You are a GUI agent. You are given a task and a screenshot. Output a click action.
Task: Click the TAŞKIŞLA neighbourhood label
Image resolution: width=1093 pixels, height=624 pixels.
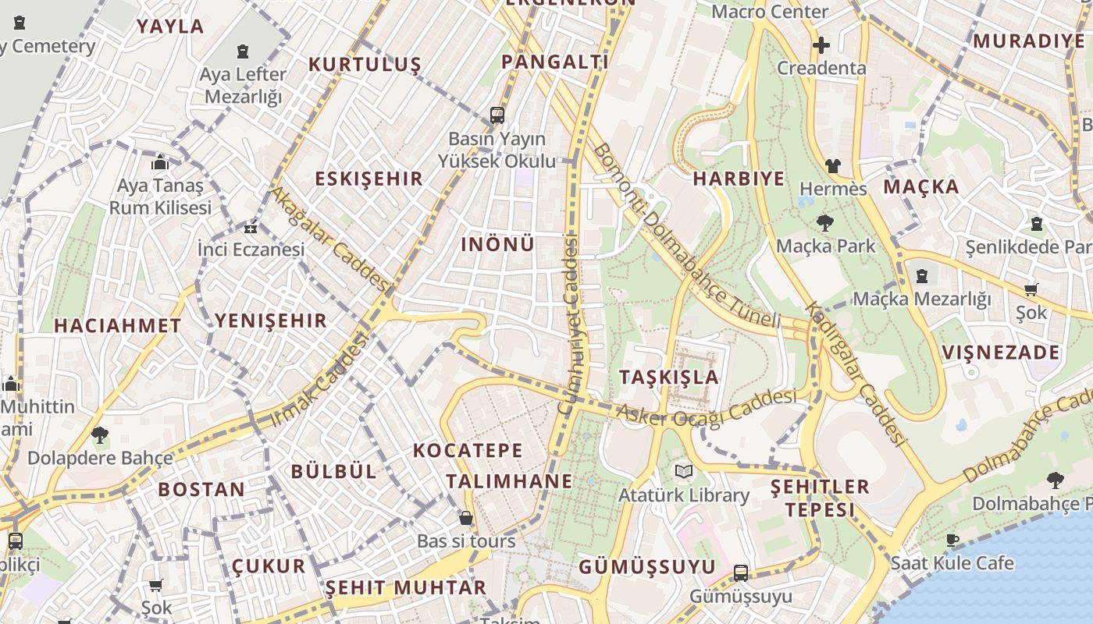point(669,377)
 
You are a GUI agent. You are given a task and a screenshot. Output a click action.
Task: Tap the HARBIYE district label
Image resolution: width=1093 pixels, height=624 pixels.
point(739,179)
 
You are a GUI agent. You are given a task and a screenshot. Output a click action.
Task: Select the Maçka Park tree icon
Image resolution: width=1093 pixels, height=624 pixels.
point(824,224)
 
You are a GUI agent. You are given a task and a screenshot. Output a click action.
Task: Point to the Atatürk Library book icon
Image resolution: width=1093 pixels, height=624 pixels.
point(684,471)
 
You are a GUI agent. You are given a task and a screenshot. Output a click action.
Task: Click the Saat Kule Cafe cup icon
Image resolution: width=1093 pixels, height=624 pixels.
point(952,540)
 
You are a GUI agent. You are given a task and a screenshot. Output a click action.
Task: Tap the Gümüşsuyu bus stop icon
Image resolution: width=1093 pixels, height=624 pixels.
point(741,573)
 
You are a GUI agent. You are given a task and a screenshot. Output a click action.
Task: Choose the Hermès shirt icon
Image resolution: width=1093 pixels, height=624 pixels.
point(833,166)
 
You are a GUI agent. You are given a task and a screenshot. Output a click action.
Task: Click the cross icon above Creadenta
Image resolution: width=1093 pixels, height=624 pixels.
point(821,45)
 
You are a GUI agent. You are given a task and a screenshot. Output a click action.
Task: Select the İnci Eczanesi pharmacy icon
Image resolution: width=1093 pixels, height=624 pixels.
point(251,229)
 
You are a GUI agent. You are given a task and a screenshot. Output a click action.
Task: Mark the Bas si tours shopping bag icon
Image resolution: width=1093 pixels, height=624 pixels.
point(466,518)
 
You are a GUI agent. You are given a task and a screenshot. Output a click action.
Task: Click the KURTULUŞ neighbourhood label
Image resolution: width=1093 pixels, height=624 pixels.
point(365,64)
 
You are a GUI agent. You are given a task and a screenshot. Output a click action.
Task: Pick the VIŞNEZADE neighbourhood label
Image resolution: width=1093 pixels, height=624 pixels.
point(1001,353)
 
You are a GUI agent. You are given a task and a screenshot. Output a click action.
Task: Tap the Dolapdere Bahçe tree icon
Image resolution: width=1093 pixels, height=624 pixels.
point(99,434)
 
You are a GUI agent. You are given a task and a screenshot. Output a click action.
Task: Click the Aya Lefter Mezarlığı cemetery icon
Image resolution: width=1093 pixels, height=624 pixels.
point(243,52)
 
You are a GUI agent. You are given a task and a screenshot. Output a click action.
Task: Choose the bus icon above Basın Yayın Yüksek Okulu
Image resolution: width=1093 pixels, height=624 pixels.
point(497,115)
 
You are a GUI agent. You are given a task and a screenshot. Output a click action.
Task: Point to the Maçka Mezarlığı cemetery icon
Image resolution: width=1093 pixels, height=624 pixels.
point(922,275)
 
